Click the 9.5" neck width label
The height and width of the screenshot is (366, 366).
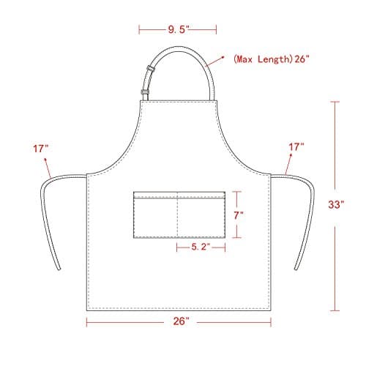coord(178,30)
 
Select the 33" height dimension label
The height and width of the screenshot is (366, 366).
coord(336,206)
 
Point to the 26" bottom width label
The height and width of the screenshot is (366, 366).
coord(181,321)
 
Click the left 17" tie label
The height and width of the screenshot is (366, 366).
coord(41,148)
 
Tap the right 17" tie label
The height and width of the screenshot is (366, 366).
coord(295,148)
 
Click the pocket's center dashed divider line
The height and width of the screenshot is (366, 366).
coord(177,216)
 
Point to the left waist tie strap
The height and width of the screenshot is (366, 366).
coord(45,220)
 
